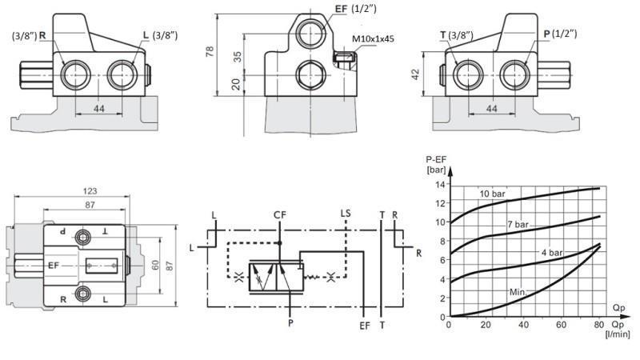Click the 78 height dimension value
coord(210,51)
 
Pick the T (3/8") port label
coord(457,35)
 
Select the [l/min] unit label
coord(618,333)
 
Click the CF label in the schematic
coord(279,214)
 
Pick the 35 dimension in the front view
coord(237,58)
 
